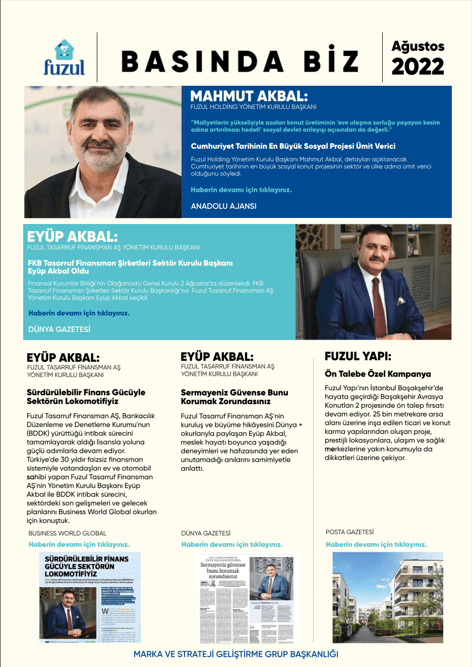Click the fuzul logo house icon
[64, 50]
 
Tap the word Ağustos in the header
[418, 46]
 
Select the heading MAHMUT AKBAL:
[249, 96]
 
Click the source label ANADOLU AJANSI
[223, 206]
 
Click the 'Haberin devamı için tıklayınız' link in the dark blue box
[241, 190]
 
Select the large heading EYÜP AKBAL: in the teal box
[72, 237]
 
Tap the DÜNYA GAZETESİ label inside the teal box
[59, 329]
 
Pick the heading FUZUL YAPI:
[358, 356]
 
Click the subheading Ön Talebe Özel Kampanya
[378, 374]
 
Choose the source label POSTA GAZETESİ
[349, 532]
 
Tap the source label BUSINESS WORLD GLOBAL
[67, 533]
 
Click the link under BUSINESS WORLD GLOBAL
[79, 544]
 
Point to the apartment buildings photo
[387, 597]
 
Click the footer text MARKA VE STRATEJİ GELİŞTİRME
[235, 654]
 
